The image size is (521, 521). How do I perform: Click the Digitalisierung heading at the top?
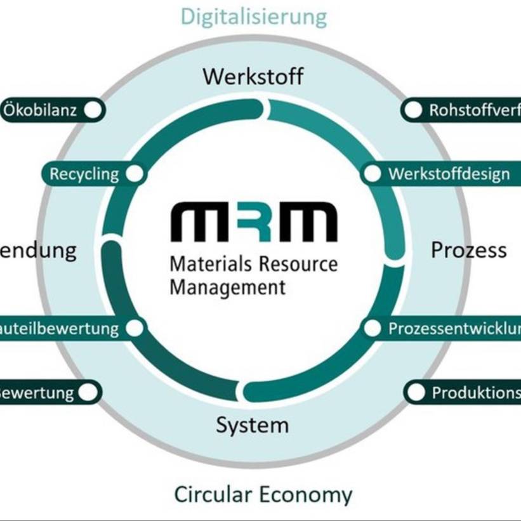254,16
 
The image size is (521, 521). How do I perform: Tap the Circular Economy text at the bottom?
263,494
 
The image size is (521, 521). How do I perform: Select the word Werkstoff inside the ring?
253,77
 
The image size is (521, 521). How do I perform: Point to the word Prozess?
469,250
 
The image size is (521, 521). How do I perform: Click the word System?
252,425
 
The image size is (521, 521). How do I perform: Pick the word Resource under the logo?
298,263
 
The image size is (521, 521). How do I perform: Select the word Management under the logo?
227,286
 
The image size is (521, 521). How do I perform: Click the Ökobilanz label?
40,110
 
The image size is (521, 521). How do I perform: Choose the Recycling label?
84,174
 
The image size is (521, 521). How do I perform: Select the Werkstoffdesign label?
449,174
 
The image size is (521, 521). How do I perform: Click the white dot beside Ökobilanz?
93,110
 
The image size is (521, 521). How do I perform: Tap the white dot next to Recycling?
134,174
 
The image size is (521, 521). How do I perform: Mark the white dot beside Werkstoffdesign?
373,174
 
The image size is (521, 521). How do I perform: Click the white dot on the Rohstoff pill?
413,110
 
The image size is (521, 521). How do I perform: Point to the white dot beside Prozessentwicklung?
373,328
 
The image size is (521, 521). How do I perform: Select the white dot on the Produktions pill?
416,392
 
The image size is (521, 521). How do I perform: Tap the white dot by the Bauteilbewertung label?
135,328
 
